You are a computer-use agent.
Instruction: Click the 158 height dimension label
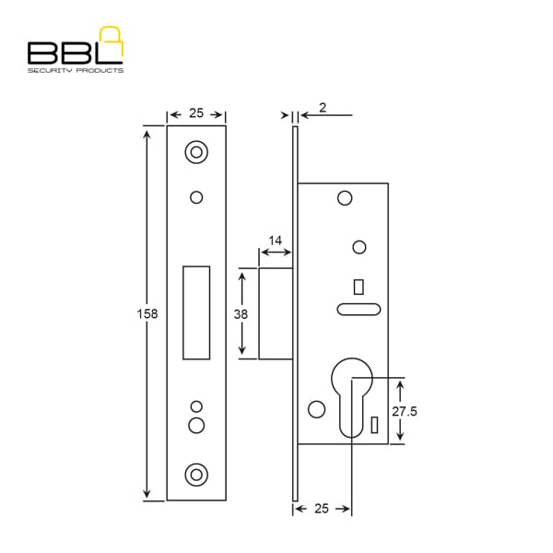pos(147,313)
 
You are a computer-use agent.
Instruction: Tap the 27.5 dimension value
pos(405,411)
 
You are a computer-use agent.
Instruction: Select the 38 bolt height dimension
pos(241,314)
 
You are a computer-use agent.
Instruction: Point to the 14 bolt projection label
pos(275,241)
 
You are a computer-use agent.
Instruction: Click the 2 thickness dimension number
pos(323,108)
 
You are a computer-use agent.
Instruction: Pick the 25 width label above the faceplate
pos(196,112)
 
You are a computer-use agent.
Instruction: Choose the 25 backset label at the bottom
pos(322,509)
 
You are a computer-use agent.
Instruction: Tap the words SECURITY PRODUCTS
pos(76,71)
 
